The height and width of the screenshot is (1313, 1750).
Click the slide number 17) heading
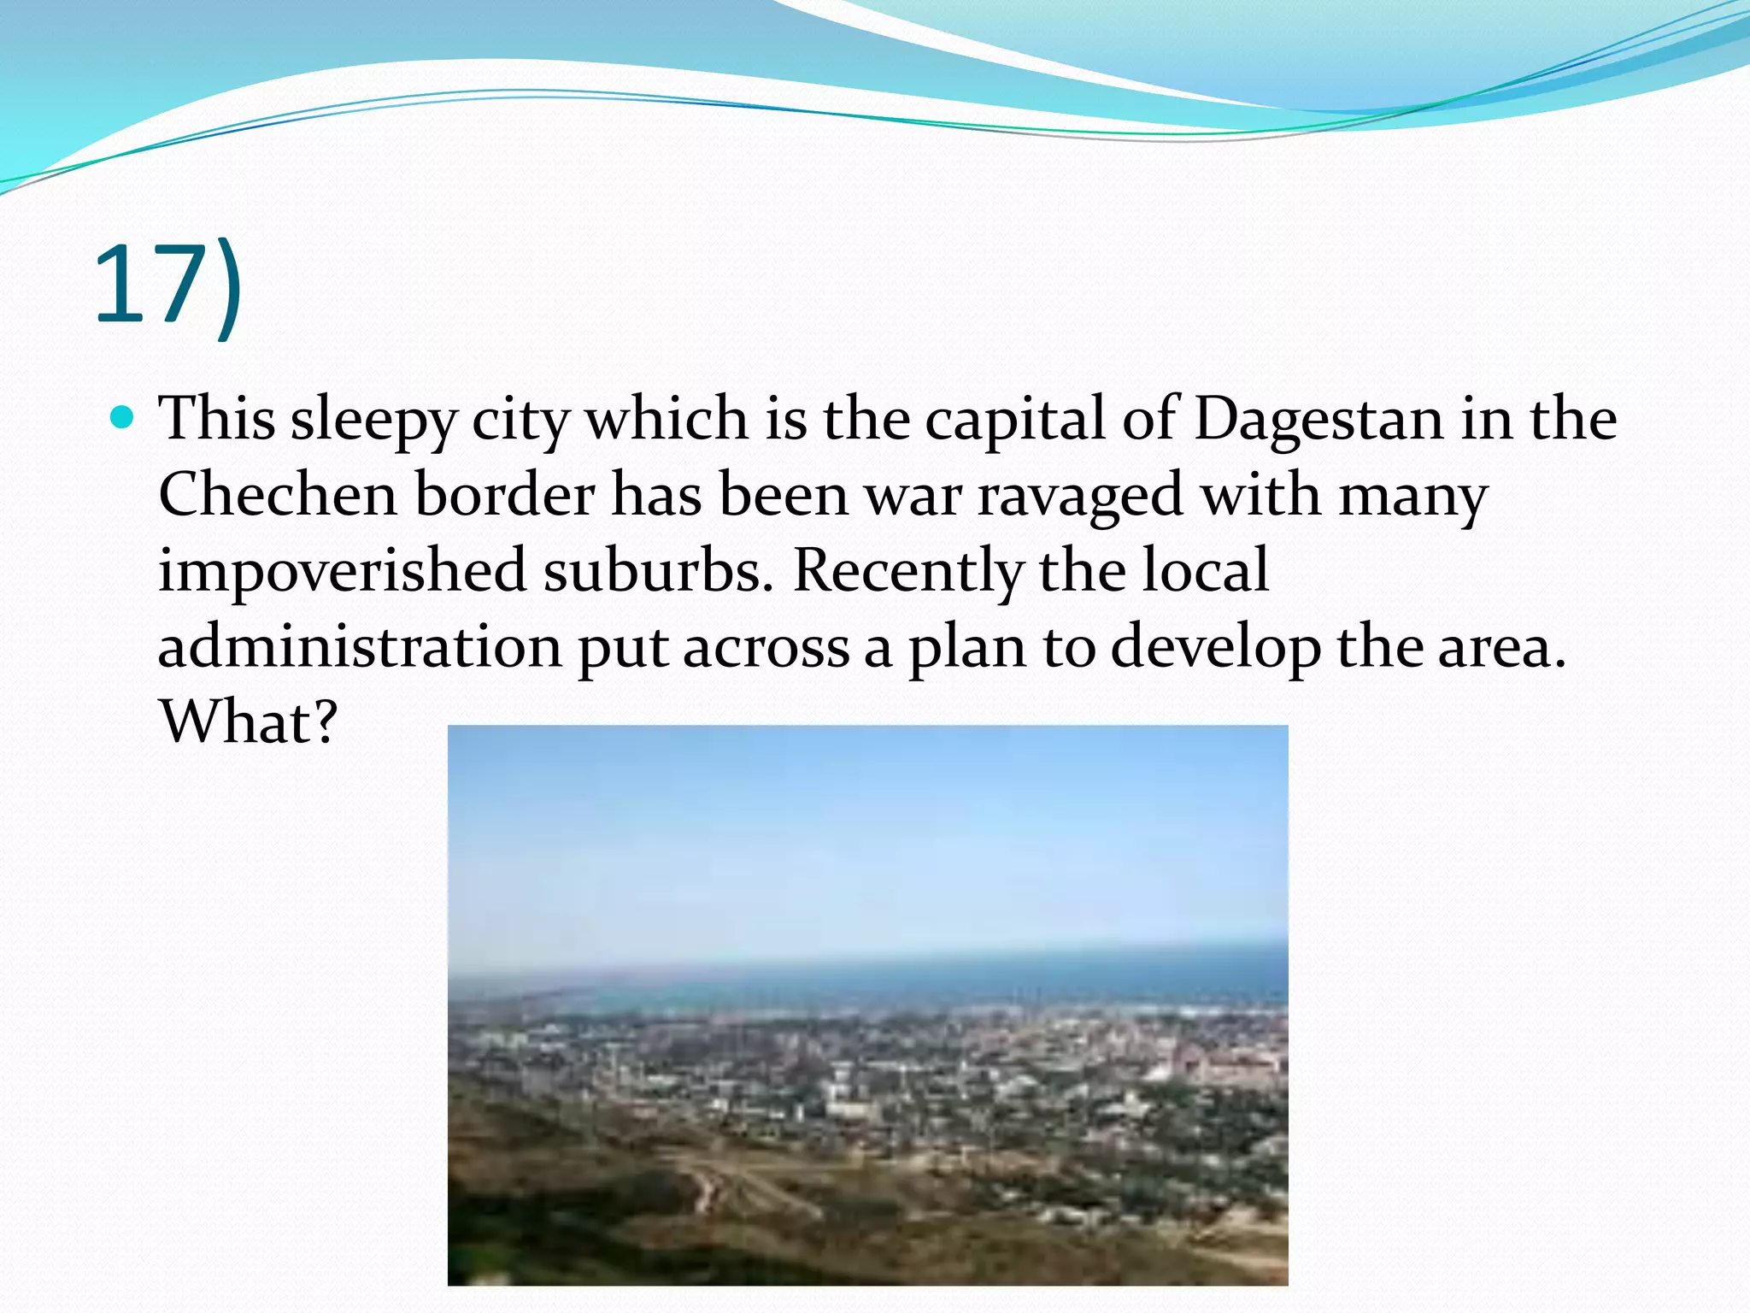click(168, 286)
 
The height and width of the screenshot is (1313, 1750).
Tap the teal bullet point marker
click(123, 418)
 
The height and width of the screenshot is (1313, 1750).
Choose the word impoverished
click(342, 571)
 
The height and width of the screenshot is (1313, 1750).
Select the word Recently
click(907, 571)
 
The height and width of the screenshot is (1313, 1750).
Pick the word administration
click(360, 646)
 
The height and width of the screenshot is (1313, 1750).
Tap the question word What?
click(249, 722)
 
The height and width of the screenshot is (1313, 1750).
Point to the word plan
click(966, 648)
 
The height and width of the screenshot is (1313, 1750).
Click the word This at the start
click(217, 419)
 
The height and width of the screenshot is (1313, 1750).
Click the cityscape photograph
click(867, 1004)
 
